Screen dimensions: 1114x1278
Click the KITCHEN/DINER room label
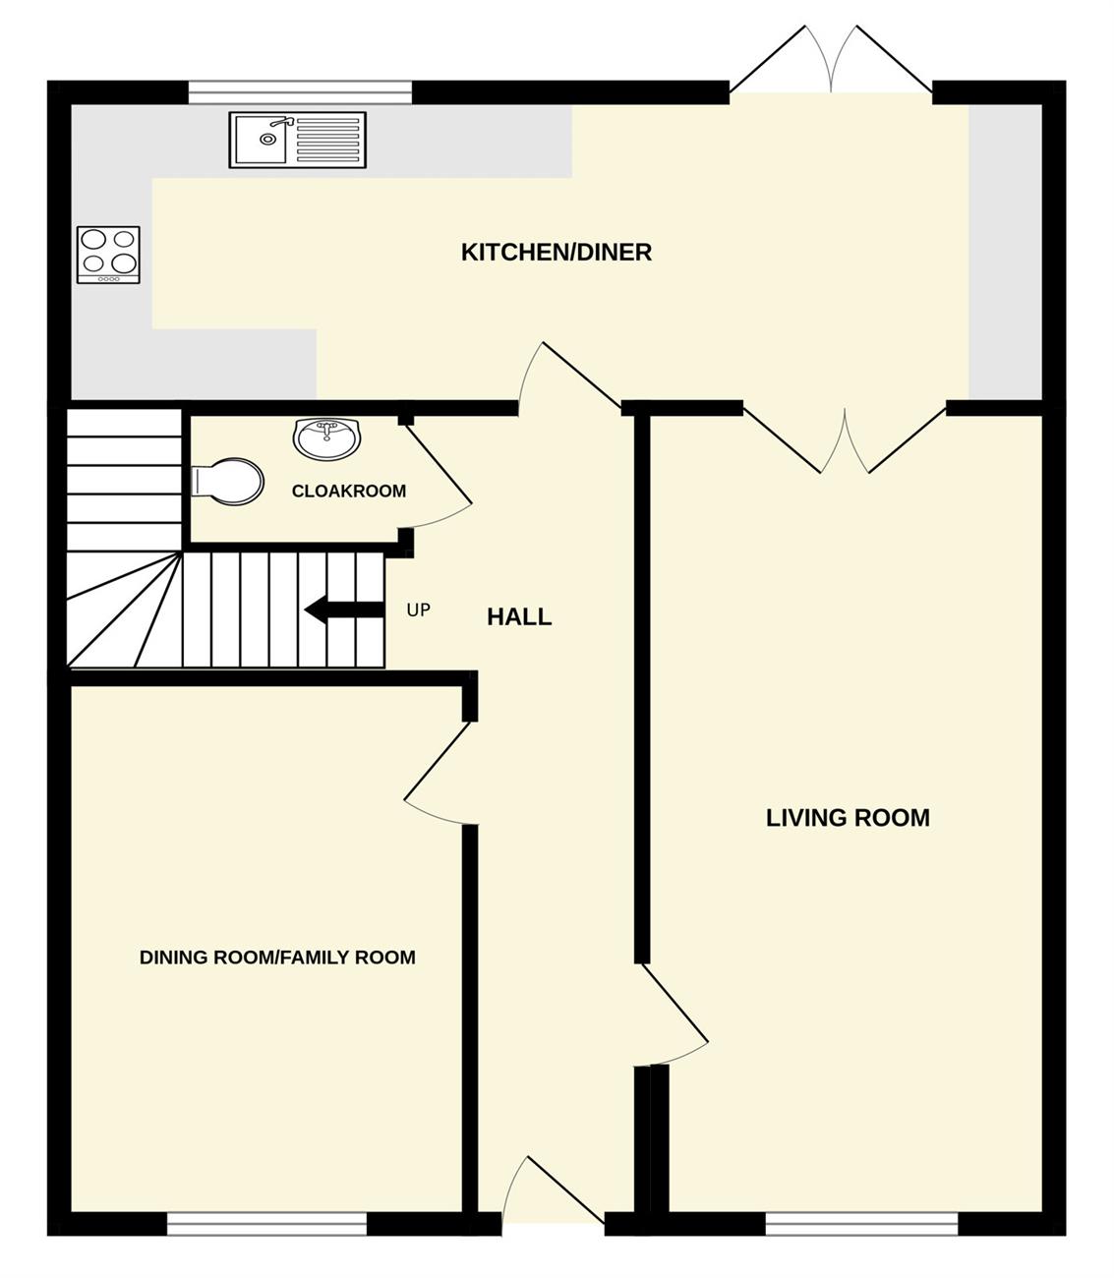coord(557,253)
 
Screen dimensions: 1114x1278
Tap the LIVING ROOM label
coord(848,818)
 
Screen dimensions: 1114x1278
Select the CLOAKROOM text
coord(349,491)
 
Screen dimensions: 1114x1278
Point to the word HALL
coord(519,617)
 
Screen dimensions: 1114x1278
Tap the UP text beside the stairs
coord(418,610)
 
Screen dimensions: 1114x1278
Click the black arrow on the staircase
coord(343,610)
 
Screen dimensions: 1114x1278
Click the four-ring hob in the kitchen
coord(109,255)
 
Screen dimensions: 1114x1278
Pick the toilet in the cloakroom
coord(227,482)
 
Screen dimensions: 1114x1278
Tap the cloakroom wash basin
coord(326,439)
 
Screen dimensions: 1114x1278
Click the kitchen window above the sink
coord(300,92)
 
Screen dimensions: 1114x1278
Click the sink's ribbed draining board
coord(327,140)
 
